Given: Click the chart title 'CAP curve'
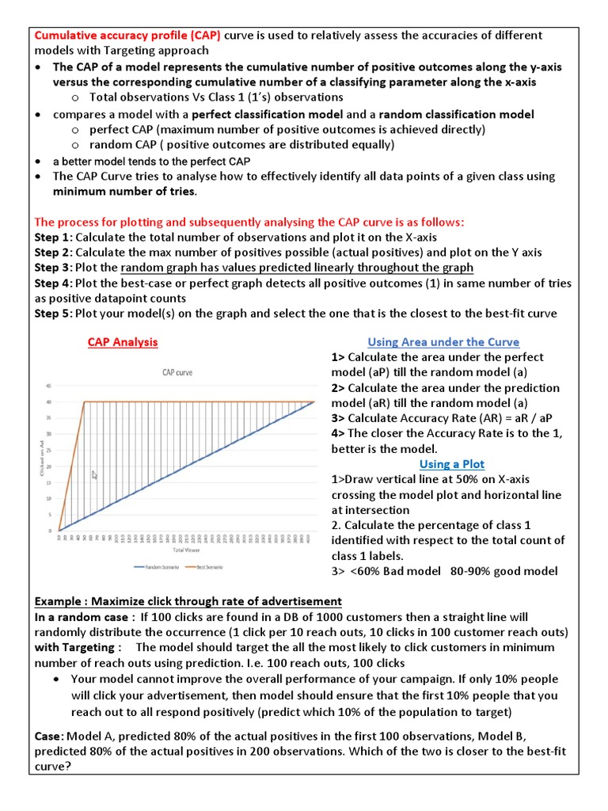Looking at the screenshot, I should pos(177,371).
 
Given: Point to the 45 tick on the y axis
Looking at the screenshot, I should pos(47,386).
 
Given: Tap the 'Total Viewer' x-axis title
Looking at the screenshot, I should pos(185,549).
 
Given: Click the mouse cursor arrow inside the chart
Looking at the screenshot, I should pos(95,475).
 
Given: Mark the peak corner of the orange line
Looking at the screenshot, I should pos(85,402).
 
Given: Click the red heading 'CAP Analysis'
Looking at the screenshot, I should pos(122,342).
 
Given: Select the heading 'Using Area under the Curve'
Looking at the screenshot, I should pos(443,342).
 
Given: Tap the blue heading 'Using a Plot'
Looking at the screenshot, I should pos(451,464).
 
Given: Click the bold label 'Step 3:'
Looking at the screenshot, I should pos(53,268).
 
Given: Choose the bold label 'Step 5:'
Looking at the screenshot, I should pos(53,313).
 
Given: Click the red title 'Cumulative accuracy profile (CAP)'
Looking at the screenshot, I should pos(127,36).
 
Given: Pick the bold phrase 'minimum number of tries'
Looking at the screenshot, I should pos(124,192).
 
